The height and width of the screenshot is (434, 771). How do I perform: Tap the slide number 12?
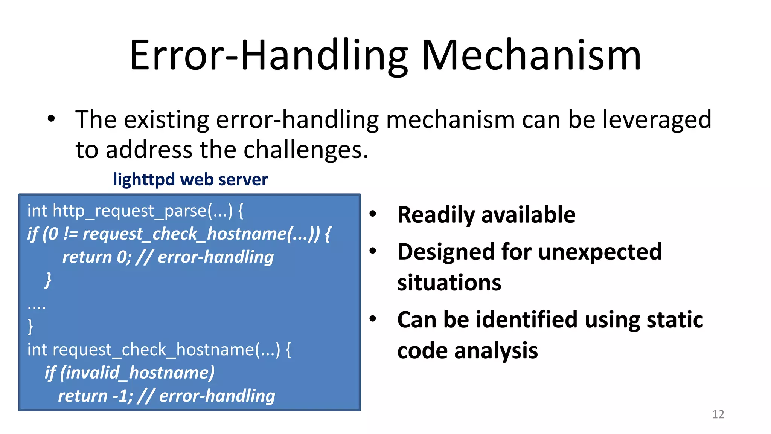[x=718, y=414]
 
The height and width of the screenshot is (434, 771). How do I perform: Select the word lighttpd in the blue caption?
[x=144, y=180]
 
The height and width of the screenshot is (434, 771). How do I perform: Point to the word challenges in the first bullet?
[x=305, y=150]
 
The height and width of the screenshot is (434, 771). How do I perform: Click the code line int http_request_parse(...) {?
[x=135, y=211]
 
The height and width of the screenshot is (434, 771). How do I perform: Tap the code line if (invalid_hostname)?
[x=130, y=373]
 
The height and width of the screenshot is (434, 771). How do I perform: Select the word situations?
[x=449, y=283]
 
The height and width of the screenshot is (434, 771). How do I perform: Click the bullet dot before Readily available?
[x=373, y=214]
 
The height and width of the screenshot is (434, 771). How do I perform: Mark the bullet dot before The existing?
[x=51, y=119]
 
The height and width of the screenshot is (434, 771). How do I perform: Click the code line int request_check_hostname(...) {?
[x=159, y=350]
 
